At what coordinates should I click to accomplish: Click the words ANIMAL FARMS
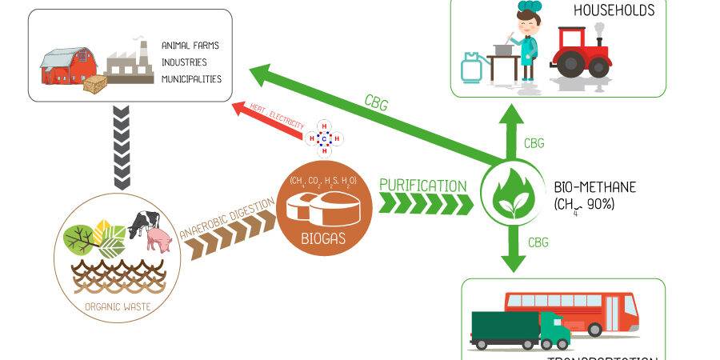click(x=190, y=46)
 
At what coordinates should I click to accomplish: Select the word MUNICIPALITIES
click(x=191, y=79)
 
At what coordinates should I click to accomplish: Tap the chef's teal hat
click(x=529, y=8)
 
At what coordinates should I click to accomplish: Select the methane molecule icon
click(x=324, y=138)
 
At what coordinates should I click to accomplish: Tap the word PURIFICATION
click(x=423, y=186)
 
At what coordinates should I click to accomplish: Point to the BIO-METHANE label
click(x=594, y=187)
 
